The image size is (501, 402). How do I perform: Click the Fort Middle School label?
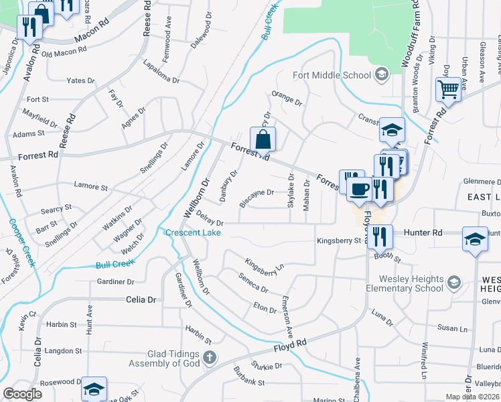click(332, 75)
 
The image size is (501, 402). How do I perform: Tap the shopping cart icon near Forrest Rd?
click(448, 89)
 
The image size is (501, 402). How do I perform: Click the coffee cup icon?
click(360, 190)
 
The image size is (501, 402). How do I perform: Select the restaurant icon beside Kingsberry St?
click(379, 236)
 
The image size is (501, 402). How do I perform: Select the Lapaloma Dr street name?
click(161, 72)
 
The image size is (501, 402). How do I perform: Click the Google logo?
click(22, 394)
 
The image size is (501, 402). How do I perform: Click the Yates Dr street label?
click(80, 80)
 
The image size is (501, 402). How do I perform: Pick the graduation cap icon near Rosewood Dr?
click(94, 389)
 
